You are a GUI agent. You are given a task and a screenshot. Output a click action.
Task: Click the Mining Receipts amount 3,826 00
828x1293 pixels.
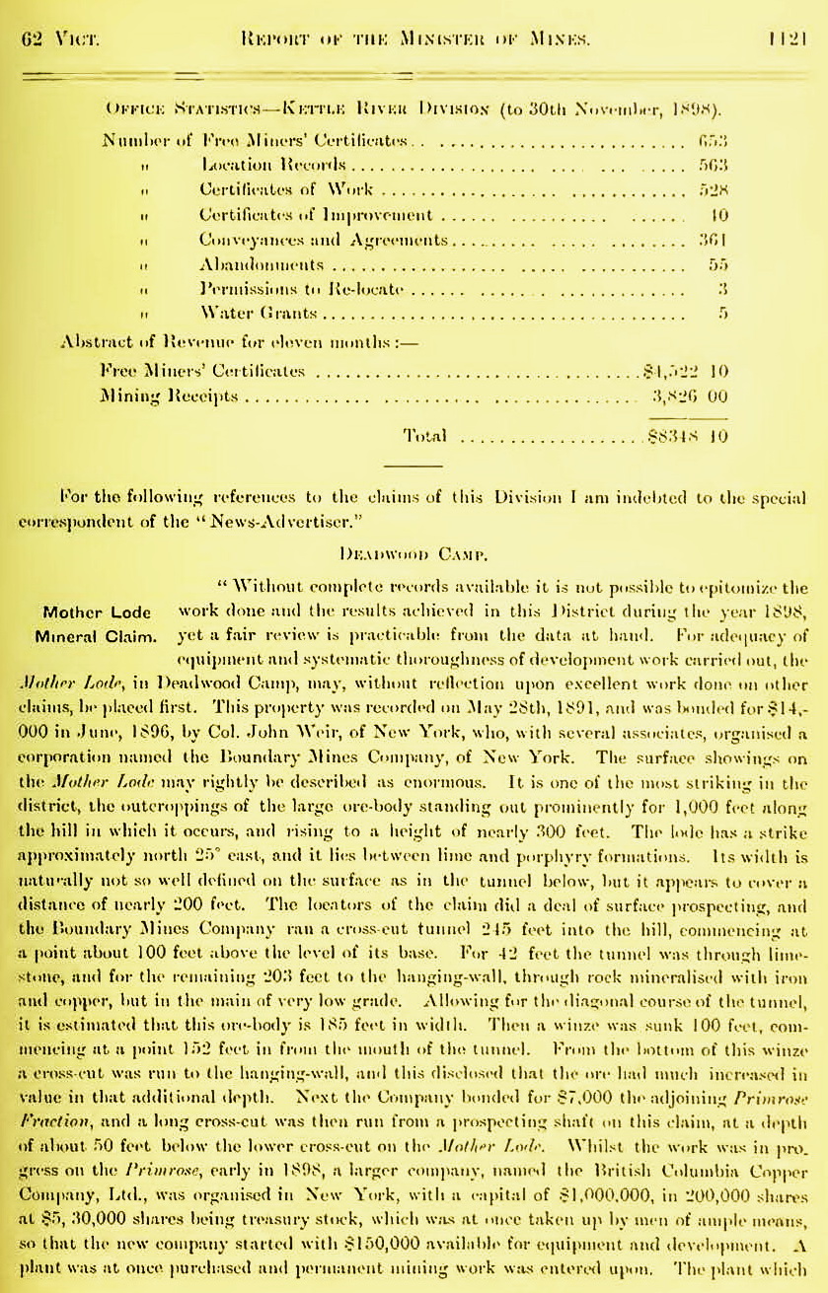pyautogui.click(x=690, y=395)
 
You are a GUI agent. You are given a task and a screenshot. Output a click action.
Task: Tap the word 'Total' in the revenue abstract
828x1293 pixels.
pyautogui.click(x=425, y=435)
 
